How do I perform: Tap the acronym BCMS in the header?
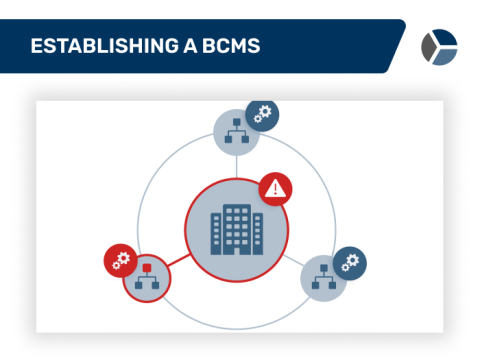point(230,47)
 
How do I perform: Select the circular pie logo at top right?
point(438,45)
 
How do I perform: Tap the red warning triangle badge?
point(275,188)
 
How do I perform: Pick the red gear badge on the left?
point(121,260)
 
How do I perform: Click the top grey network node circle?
point(236,132)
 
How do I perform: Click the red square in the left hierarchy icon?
point(147,269)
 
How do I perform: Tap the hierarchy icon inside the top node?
point(236,132)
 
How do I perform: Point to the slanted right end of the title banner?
point(397,47)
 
